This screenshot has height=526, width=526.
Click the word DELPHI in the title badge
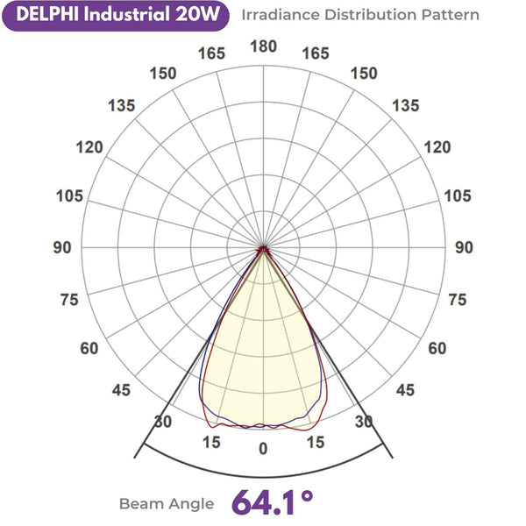43,15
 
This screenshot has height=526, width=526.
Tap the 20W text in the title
203,15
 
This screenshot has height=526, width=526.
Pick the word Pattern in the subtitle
451,15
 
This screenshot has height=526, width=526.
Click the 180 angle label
263,46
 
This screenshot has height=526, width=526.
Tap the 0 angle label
263,448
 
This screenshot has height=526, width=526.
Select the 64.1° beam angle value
273,502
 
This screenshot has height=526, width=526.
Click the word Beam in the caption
140,504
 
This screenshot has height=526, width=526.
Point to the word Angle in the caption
193,505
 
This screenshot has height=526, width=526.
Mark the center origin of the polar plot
263,250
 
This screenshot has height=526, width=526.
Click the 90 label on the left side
62,248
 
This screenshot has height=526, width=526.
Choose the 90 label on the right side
464,248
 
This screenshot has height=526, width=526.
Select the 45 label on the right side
405,391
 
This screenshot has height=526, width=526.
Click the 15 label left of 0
210,442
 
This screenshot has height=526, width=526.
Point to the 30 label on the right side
363,422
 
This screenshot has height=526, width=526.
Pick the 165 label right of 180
316,53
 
